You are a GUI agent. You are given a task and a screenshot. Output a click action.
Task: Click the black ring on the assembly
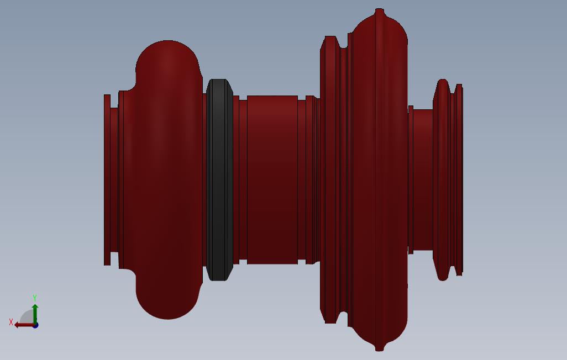pyautogui.click(x=219, y=179)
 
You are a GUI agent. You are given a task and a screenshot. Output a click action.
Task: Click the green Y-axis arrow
pyautogui.click(x=35, y=314)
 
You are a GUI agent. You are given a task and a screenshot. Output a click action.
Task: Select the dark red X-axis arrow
pyautogui.click(x=23, y=325)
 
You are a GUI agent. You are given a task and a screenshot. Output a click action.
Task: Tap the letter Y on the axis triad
pyautogui.click(x=35, y=298)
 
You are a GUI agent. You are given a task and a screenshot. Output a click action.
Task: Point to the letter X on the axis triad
pyautogui.click(x=11, y=322)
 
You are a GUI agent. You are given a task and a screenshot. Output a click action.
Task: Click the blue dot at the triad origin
pyautogui.click(x=35, y=325)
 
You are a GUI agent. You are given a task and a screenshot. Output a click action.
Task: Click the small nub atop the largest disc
pyautogui.click(x=379, y=11)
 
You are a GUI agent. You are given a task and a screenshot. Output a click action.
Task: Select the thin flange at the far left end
pyautogui.click(x=107, y=179)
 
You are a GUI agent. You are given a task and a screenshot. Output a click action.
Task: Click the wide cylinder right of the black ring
pyautogui.click(x=272, y=179)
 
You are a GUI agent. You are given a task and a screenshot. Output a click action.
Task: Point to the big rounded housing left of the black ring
pyautogui.click(x=167, y=179)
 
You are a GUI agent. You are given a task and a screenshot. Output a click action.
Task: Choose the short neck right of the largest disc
pyautogui.click(x=423, y=179)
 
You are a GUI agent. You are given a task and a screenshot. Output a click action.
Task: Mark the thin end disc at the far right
pyautogui.click(x=459, y=179)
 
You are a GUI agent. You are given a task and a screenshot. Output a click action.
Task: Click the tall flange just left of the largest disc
pyautogui.click(x=330, y=179)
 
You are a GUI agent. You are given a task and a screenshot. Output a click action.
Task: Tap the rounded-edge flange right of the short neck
pyautogui.click(x=442, y=179)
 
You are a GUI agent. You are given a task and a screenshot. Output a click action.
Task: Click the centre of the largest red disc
pyautogui.click(x=379, y=179)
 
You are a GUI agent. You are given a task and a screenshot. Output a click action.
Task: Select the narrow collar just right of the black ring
pyautogui.click(x=236, y=179)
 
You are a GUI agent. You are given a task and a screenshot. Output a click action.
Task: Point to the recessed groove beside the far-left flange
pyautogui.click(x=114, y=179)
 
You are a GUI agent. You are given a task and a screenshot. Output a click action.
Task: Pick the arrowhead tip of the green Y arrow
pyautogui.click(x=35, y=305)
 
